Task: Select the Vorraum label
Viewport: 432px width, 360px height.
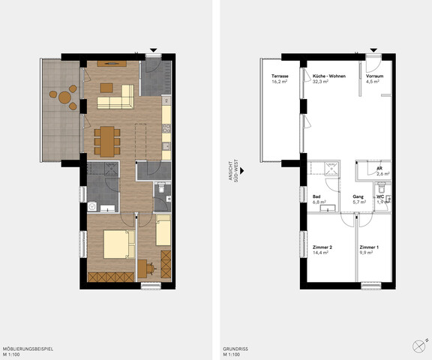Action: (x=375, y=76)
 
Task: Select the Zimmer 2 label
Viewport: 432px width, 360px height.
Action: (x=322, y=247)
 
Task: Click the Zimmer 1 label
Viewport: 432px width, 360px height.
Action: (x=369, y=247)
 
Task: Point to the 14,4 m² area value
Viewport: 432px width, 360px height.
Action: (x=320, y=253)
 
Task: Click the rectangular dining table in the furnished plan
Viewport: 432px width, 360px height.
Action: (x=106, y=139)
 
